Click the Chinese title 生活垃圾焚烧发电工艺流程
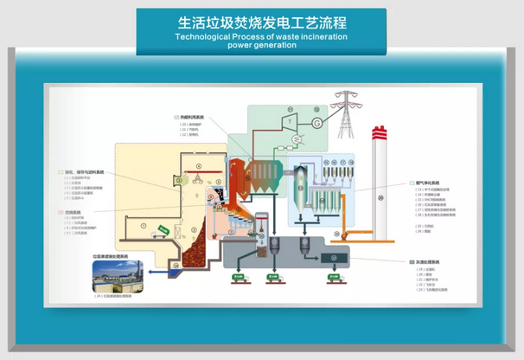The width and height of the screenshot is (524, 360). point(261,22)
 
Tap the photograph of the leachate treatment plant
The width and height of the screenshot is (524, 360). point(118,276)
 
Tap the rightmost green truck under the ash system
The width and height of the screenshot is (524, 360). point(332,279)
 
